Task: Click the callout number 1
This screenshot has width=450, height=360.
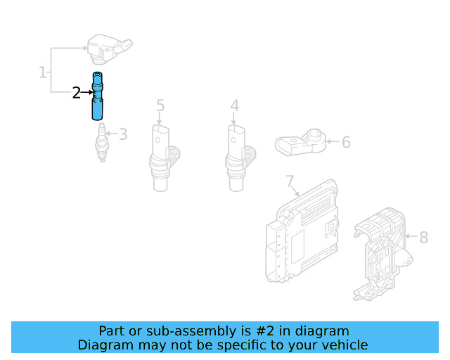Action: (42, 72)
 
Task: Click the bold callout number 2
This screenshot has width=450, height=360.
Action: (77, 92)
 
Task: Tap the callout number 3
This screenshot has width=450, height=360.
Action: (122, 134)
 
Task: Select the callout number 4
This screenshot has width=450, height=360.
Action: (234, 105)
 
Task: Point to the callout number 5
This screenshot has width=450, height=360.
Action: (160, 105)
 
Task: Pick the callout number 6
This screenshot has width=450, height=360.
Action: (345, 143)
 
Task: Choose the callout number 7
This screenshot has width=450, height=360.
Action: (290, 182)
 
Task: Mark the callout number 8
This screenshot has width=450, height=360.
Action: (423, 238)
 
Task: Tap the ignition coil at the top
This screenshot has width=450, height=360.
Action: (108, 47)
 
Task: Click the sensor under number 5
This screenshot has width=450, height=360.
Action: (161, 156)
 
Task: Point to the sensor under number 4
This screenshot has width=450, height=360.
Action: (236, 156)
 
